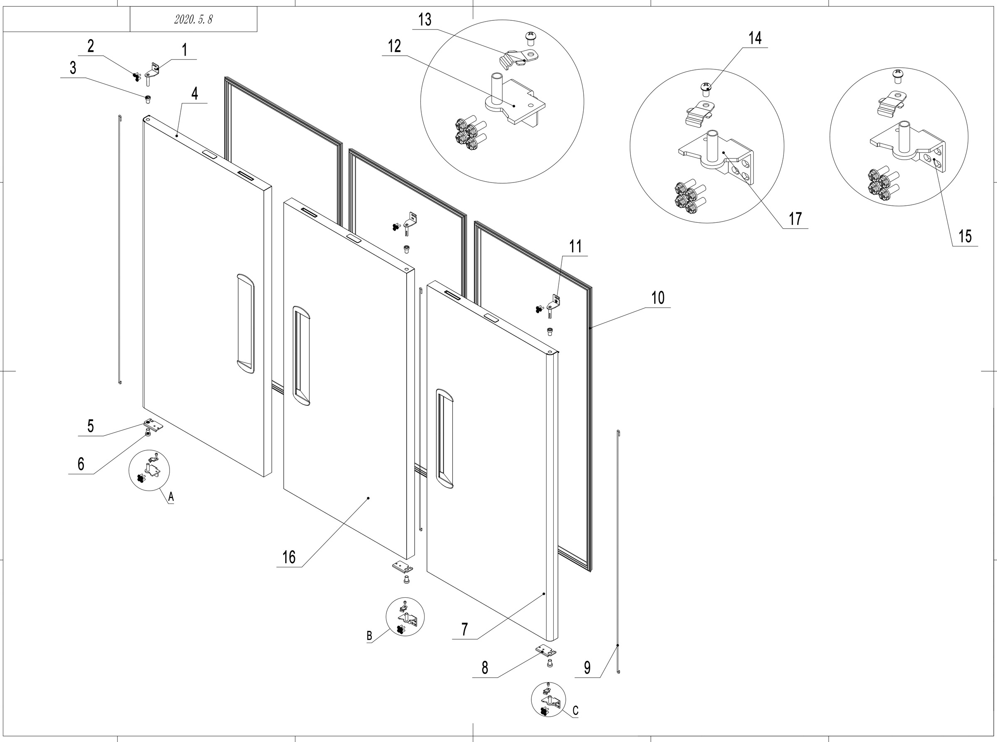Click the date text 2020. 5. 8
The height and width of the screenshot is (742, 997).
click(193, 19)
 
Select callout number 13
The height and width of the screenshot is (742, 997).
click(425, 20)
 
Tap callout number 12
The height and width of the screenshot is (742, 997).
click(394, 46)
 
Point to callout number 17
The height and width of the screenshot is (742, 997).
click(795, 219)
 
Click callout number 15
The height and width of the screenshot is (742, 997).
click(965, 237)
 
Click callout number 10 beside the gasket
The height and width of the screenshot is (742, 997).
click(658, 298)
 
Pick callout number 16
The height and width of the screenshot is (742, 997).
click(289, 557)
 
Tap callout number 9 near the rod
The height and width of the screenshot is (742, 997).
click(587, 668)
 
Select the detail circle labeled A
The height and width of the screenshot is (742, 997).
click(150, 470)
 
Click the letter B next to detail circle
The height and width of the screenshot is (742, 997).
click(369, 636)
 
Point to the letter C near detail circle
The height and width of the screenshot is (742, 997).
click(575, 710)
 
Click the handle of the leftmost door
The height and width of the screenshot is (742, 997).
click(245, 323)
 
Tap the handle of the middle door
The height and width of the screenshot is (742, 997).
click(301, 356)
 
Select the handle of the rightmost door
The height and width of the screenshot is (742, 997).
click(444, 439)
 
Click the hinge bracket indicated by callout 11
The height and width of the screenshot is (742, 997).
click(555, 302)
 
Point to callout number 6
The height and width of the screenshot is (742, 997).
click(81, 464)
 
